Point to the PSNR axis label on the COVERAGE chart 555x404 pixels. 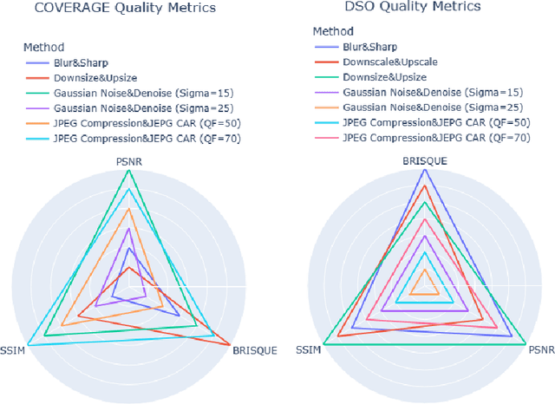coord(129,162)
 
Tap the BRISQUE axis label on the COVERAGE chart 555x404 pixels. coord(254,350)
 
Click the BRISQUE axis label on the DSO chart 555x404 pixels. coord(424,162)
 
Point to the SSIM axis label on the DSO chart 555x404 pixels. coord(308,350)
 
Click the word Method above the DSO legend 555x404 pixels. coord(332,30)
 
